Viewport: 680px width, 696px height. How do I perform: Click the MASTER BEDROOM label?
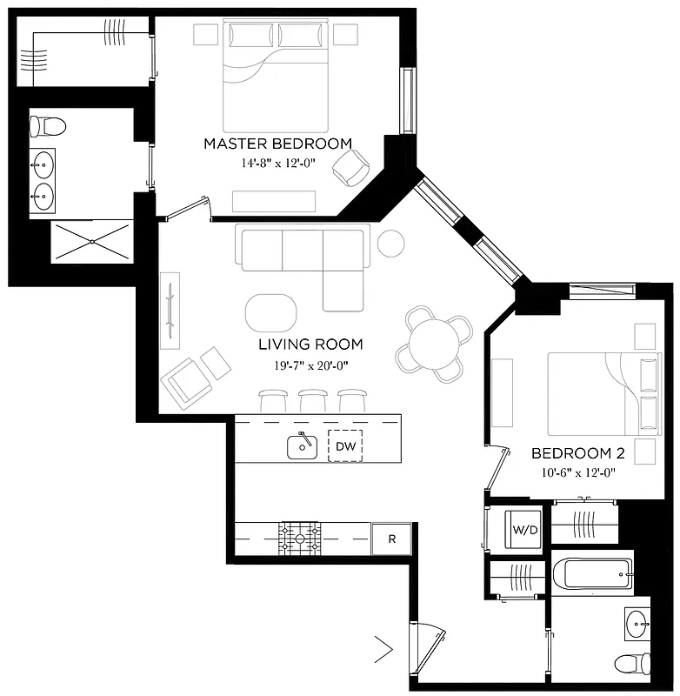[x=277, y=144]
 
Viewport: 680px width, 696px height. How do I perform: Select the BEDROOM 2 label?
[x=578, y=453]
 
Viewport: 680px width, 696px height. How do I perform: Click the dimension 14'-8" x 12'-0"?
[x=277, y=164]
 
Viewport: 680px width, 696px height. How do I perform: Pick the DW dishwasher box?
[x=344, y=445]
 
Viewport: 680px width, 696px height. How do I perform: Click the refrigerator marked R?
[x=391, y=539]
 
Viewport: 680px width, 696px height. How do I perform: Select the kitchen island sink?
[x=301, y=446]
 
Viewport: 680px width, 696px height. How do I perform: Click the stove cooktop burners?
[x=299, y=539]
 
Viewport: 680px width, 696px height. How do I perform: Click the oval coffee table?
[x=271, y=310]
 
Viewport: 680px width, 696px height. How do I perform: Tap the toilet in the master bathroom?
[x=47, y=127]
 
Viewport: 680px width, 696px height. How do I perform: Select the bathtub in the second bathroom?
[x=591, y=574]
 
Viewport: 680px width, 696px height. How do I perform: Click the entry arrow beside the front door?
[x=383, y=647]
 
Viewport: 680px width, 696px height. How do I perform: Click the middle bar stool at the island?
[x=313, y=399]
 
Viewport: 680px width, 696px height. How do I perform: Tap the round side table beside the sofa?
[x=390, y=242]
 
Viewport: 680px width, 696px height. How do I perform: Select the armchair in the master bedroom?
[x=351, y=168]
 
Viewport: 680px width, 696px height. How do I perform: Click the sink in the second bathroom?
[x=637, y=624]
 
